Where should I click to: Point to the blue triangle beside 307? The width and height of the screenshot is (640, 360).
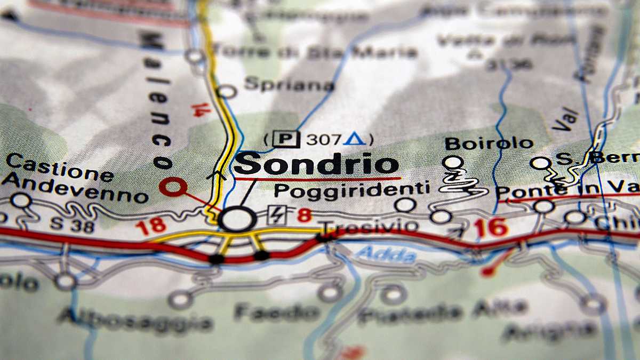point(354,139)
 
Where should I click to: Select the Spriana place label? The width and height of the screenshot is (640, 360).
point(289,84)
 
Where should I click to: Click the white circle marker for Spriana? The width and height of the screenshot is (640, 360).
point(227,92)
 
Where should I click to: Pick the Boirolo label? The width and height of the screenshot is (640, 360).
point(489,143)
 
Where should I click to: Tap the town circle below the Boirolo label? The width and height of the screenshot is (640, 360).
point(452,162)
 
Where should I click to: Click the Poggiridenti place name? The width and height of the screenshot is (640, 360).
point(351,190)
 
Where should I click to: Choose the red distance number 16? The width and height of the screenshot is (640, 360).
point(491,228)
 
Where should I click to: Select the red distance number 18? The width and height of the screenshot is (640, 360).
point(150,226)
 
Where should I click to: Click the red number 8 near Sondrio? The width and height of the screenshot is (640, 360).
point(304,215)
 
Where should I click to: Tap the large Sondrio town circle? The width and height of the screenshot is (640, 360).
point(237,219)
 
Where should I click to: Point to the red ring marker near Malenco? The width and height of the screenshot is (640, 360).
point(173,187)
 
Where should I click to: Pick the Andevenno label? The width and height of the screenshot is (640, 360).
point(74,187)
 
